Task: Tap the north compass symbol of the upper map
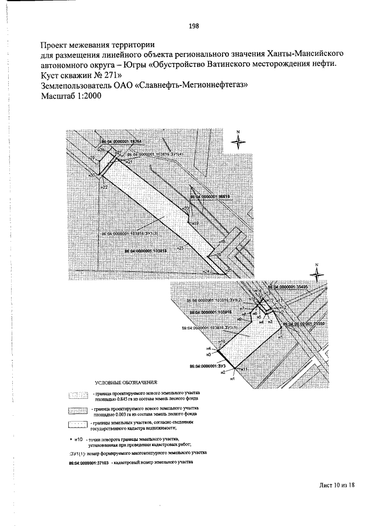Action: coord(239,142)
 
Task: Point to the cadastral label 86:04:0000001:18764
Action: coord(121,142)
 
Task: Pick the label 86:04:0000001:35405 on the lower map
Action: coord(287,287)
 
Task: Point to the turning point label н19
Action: coord(195,222)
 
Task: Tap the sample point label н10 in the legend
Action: coord(78,438)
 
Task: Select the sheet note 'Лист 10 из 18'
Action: coord(336,484)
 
